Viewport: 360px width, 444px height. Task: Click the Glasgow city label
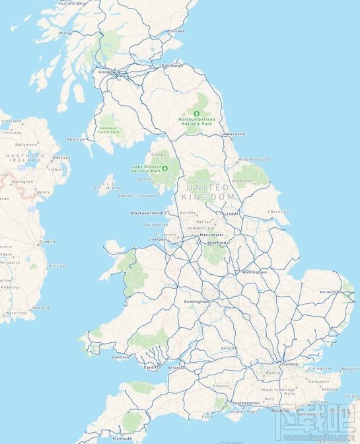point(106,71)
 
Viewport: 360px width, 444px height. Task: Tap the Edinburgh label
point(172,65)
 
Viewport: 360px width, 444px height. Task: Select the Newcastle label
point(234,134)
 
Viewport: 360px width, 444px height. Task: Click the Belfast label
point(61,157)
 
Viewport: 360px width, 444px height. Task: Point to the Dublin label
point(48,242)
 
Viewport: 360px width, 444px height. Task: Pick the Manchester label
point(213,235)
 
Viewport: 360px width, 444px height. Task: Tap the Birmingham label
point(197,301)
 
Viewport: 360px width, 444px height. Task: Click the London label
point(290,364)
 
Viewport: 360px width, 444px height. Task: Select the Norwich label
point(328,292)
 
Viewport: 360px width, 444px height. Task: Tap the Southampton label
point(246,403)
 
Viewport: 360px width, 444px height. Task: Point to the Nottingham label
point(254,272)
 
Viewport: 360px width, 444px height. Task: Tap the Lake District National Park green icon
point(164,167)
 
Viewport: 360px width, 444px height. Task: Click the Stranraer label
point(77,139)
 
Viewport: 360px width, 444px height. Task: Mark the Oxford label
point(229,348)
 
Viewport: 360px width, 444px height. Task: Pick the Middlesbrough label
point(254,159)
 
